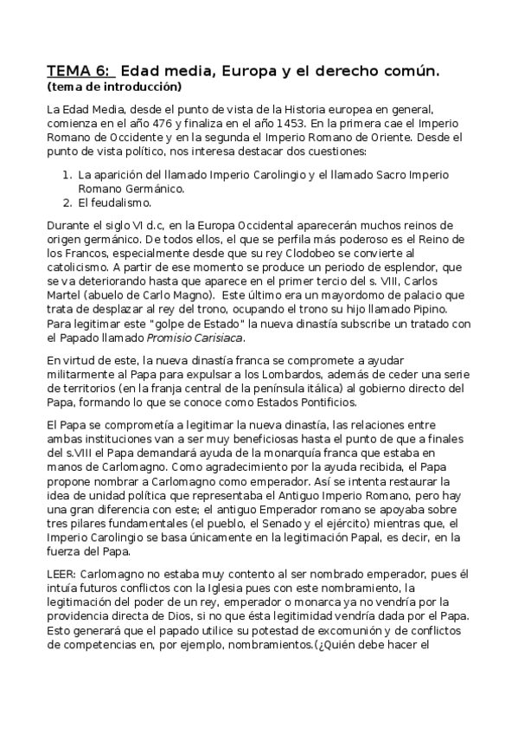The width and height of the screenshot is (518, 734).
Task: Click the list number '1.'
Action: pyautogui.click(x=67, y=174)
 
